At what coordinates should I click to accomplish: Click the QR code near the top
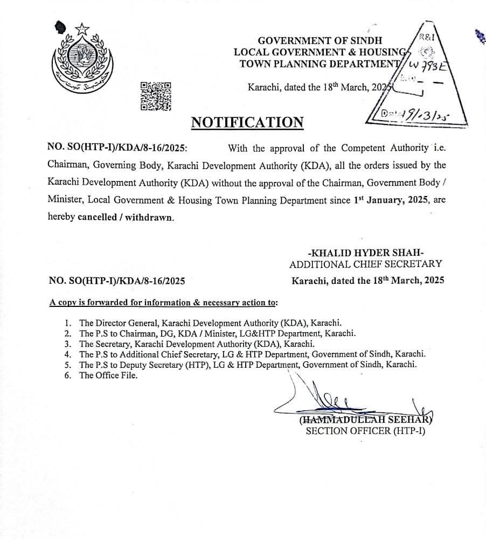click(x=156, y=96)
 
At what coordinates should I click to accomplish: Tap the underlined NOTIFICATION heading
click(x=247, y=122)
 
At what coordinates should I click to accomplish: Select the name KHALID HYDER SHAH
click(x=365, y=253)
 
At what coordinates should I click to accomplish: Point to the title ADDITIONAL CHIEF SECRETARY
click(x=366, y=264)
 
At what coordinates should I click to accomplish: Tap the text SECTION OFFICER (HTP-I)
click(x=365, y=431)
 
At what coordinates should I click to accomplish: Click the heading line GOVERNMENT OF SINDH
click(x=320, y=40)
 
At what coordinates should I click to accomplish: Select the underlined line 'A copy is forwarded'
click(x=163, y=303)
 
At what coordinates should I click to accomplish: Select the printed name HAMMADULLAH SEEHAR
click(x=365, y=420)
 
